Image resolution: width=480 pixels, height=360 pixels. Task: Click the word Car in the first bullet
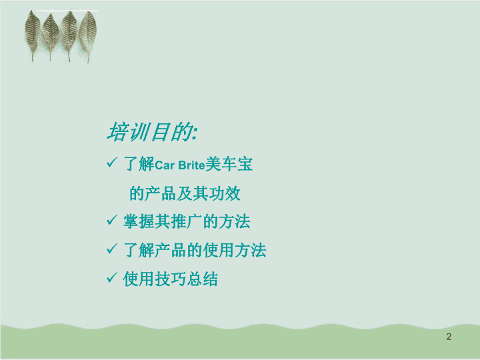(x=165, y=165)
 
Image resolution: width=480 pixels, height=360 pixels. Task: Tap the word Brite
(x=191, y=165)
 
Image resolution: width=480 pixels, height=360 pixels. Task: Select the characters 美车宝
(x=229, y=164)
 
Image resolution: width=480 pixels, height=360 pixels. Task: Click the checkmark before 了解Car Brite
(x=112, y=162)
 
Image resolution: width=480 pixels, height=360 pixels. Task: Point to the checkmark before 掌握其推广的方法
(x=112, y=220)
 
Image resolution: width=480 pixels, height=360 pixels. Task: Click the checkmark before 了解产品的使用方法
(x=112, y=249)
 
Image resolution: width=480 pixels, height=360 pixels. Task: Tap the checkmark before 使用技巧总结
(x=112, y=277)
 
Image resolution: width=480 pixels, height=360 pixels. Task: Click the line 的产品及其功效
(x=185, y=193)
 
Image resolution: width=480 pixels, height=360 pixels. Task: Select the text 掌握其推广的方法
(x=187, y=221)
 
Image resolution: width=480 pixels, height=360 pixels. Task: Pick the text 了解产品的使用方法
(x=195, y=250)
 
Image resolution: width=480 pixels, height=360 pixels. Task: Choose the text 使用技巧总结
(x=171, y=279)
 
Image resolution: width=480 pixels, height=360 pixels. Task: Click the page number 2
(x=449, y=337)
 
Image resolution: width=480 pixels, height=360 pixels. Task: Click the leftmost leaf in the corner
(x=33, y=34)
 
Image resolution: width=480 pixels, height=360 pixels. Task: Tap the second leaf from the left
(x=51, y=35)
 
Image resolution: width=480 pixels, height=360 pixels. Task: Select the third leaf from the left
(x=69, y=34)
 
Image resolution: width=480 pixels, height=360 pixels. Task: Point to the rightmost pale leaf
(x=88, y=35)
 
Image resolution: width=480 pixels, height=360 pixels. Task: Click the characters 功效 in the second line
(x=225, y=193)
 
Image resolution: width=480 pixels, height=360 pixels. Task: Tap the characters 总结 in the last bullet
(x=203, y=279)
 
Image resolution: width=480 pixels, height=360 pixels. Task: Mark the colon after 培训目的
(x=195, y=134)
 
